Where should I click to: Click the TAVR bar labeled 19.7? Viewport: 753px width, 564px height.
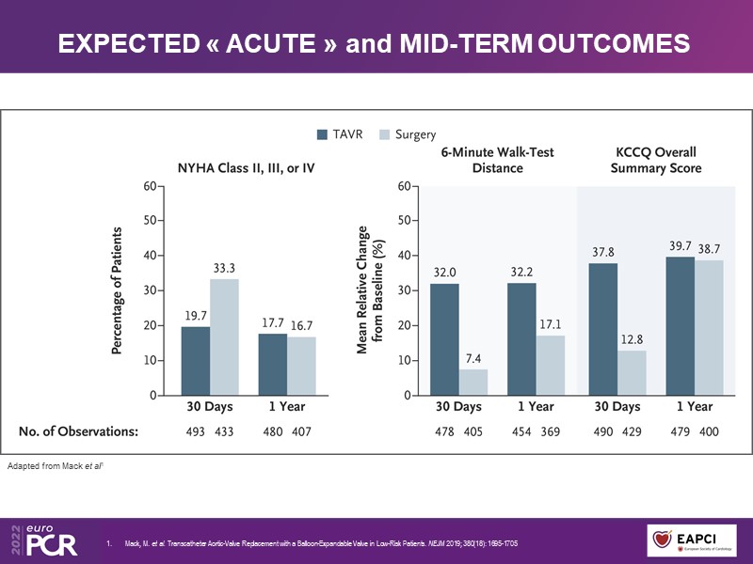pyautogui.click(x=195, y=361)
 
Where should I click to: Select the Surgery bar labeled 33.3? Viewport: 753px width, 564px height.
pyautogui.click(x=224, y=337)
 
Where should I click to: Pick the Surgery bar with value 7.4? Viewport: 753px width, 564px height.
pyautogui.click(x=473, y=383)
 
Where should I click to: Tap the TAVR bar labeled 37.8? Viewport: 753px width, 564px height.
pyautogui.click(x=602, y=329)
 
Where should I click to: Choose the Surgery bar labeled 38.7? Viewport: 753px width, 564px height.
pyautogui.click(x=710, y=328)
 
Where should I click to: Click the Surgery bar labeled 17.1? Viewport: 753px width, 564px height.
pyautogui.click(x=552, y=366)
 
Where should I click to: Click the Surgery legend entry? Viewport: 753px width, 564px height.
pyautogui.click(x=408, y=134)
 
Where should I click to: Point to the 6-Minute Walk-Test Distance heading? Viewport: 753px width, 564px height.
pyautogui.click(x=496, y=160)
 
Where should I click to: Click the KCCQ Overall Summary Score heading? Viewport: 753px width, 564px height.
pyautogui.click(x=655, y=160)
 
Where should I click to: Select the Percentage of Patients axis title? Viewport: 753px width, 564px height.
pyautogui.click(x=119, y=290)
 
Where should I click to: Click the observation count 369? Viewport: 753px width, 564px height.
pyautogui.click(x=551, y=431)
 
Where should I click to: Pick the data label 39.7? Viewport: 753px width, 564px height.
pyautogui.click(x=681, y=245)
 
